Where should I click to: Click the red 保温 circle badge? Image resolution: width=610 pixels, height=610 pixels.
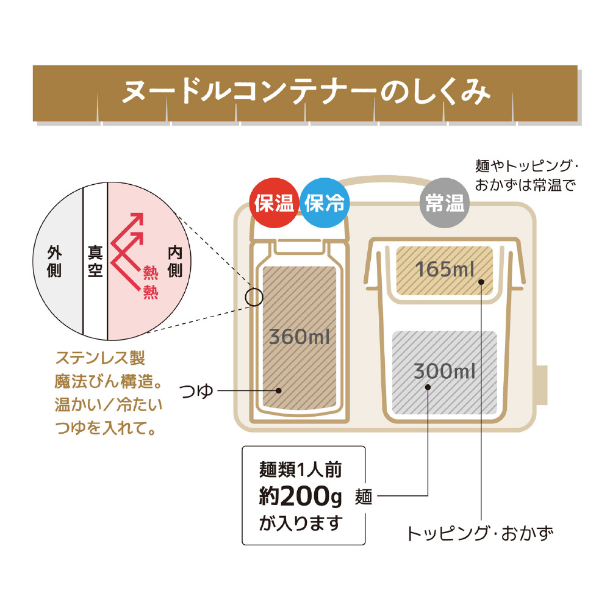(x=274, y=203)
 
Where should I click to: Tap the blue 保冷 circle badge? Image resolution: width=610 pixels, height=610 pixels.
(x=325, y=203)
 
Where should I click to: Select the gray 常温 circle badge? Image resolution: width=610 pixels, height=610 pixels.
(x=445, y=203)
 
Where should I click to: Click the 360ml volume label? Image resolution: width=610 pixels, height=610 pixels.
(x=299, y=337)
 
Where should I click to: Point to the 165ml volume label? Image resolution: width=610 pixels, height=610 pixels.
(x=445, y=269)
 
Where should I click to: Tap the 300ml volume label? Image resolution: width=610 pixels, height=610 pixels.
(x=444, y=371)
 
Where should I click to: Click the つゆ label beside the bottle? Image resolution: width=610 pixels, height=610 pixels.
(x=196, y=390)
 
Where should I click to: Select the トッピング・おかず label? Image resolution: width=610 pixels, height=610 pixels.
(x=479, y=533)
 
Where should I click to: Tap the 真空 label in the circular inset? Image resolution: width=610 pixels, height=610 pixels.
(x=95, y=261)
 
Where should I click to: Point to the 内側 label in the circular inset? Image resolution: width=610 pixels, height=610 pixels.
(x=175, y=261)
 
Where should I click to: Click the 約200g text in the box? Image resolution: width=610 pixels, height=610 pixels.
(x=300, y=496)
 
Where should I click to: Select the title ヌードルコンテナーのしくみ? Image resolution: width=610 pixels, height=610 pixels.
(x=306, y=92)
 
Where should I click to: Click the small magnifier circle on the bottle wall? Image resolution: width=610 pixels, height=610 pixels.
(x=254, y=297)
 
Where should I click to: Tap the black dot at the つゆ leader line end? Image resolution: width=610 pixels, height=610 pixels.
(x=279, y=390)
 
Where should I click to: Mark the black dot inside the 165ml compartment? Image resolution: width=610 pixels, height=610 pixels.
(x=481, y=282)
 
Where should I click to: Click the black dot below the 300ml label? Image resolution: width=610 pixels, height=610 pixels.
(x=428, y=387)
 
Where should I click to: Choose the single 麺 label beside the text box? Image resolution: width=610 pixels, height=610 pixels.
(x=364, y=497)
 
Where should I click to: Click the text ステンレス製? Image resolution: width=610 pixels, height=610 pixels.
(x=101, y=358)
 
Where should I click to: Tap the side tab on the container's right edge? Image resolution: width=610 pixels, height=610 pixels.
(x=543, y=385)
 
